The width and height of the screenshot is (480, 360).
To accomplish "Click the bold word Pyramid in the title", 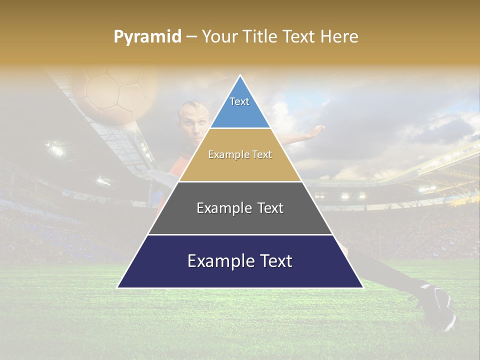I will point(147,37).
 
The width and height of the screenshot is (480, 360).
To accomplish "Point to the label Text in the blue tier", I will point(239,101).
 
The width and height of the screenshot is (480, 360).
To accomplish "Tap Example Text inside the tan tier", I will point(240,154).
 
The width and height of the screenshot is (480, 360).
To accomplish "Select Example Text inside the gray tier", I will point(240,208).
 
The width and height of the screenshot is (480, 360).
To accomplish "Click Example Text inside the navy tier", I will point(240,261).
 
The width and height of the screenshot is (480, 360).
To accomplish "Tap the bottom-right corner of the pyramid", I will point(362,287).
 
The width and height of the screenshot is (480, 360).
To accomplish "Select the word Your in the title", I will point(220,37).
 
